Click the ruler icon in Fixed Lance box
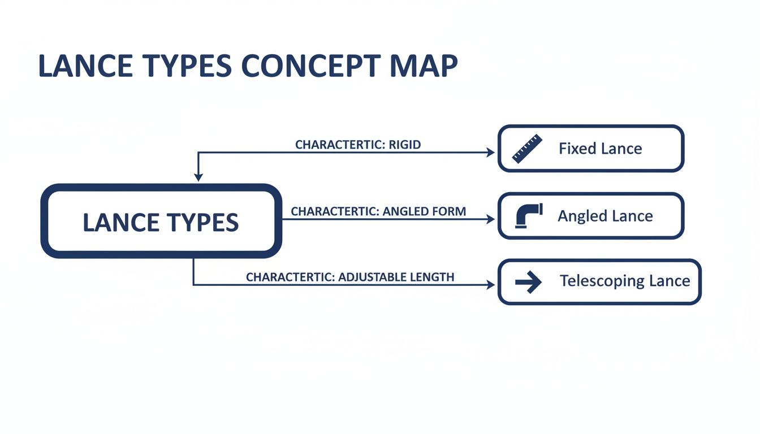click(x=526, y=149)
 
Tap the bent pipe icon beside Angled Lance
click(x=528, y=216)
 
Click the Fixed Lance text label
click(x=600, y=149)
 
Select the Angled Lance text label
click(x=605, y=216)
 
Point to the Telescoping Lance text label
click(x=624, y=281)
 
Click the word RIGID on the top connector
click(x=405, y=145)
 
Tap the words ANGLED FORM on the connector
click(x=424, y=211)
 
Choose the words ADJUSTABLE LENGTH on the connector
click(x=396, y=277)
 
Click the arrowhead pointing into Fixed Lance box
click(x=490, y=152)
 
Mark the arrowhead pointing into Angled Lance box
click(x=490, y=219)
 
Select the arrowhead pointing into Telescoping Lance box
click(x=490, y=285)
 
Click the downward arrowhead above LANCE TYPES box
click(x=198, y=177)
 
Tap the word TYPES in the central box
click(x=201, y=222)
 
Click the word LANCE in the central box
click(x=119, y=222)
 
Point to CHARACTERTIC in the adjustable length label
click(x=290, y=277)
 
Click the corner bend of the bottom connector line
click(x=194, y=285)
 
